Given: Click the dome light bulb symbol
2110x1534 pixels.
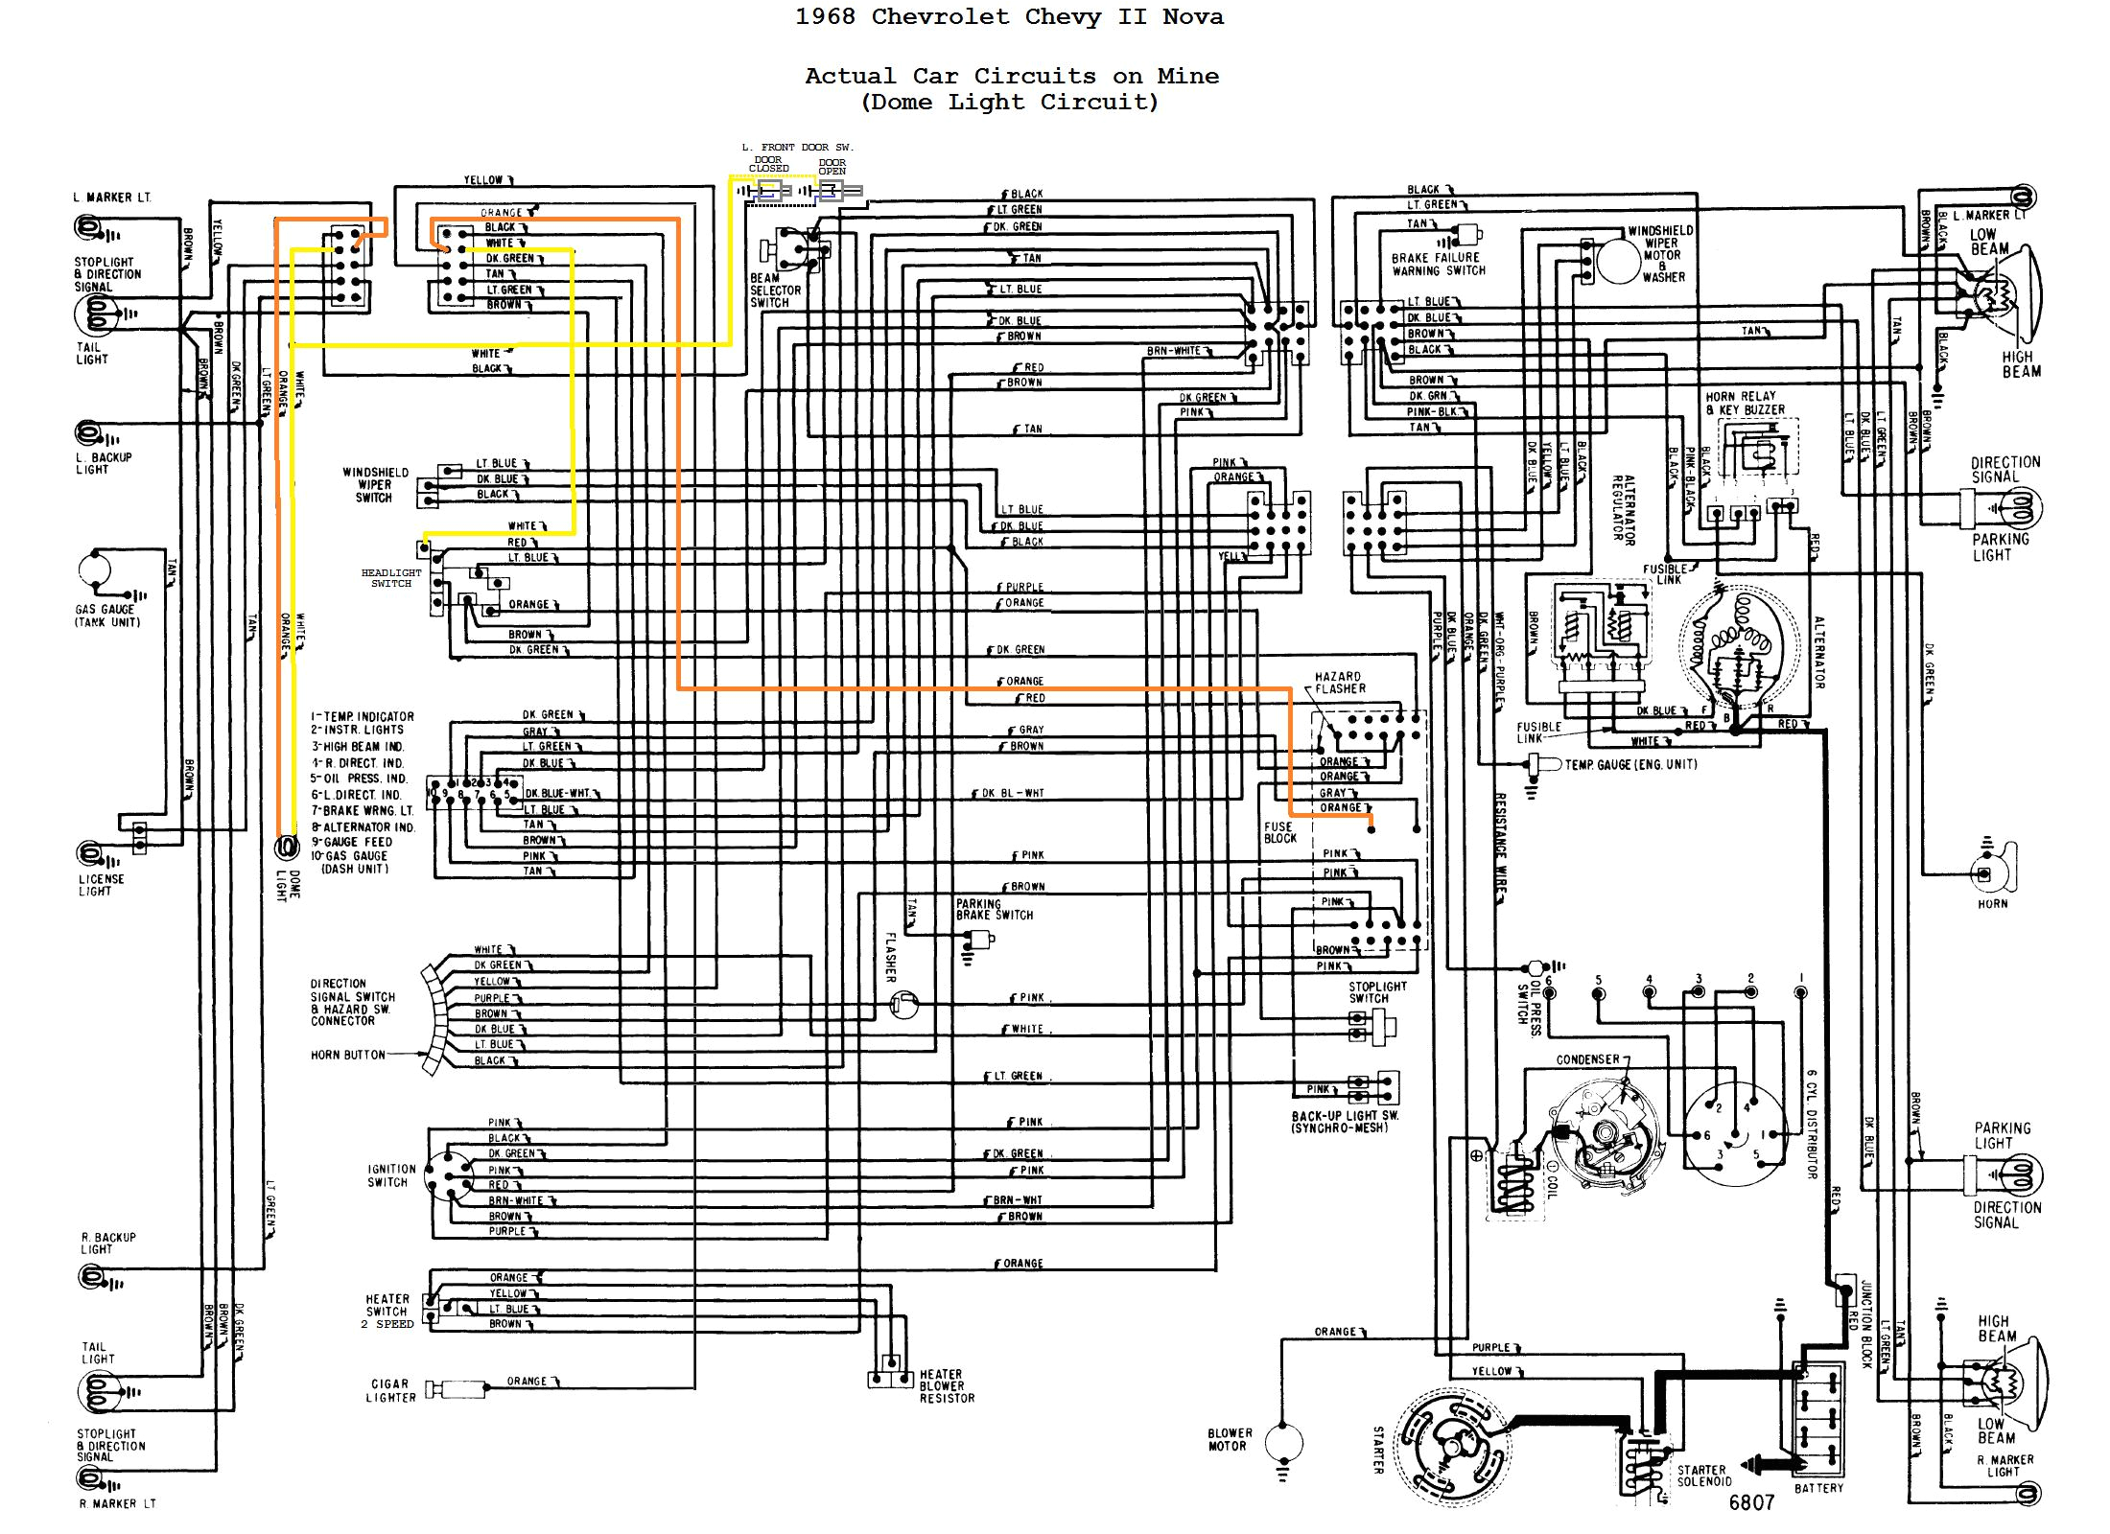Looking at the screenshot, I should coord(286,848).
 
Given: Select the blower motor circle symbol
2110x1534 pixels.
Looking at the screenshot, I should coord(1283,1441).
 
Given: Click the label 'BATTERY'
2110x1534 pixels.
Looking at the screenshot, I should coord(1818,1488).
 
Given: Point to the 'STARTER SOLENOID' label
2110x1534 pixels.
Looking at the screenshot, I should coord(1704,1476).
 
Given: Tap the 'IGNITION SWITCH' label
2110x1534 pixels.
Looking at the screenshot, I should coord(391,1175).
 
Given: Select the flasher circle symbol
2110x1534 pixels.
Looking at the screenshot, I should coord(903,1004).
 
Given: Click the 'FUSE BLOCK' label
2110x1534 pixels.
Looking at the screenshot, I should coord(1279,831).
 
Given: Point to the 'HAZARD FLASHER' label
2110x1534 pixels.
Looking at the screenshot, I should coord(1339,683).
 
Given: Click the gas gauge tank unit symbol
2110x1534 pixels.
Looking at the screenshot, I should coord(96,569).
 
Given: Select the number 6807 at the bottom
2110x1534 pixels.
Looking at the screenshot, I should coord(1751,1502).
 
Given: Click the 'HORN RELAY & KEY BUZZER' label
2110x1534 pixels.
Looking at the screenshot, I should coord(1745,403).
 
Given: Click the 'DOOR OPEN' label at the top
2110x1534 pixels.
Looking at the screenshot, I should coord(832,167).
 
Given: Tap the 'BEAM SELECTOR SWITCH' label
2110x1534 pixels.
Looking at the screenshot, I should coord(775,291).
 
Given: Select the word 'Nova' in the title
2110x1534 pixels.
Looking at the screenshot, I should coord(1192,17).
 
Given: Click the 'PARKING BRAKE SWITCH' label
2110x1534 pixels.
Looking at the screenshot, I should coord(994,909).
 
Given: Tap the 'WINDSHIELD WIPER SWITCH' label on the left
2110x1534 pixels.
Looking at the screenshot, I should coord(375,485).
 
